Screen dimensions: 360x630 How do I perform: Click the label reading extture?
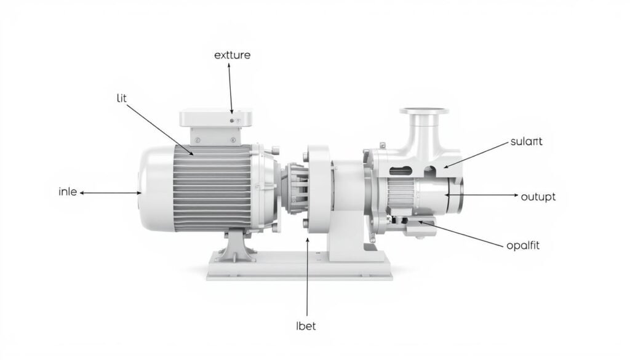point(232,55)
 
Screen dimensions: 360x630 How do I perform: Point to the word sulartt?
point(527,142)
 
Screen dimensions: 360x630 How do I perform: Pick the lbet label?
point(306,326)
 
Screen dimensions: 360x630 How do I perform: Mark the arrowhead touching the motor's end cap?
point(141,193)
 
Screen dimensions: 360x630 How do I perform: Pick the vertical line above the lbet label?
point(306,277)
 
